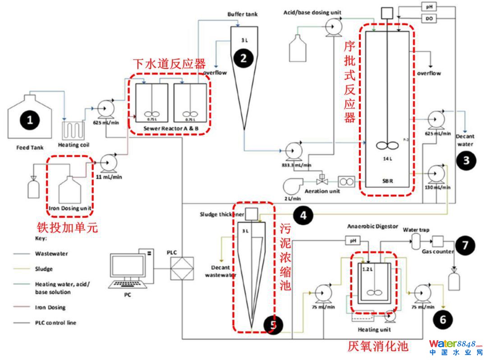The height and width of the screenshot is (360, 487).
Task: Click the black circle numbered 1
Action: pyautogui.click(x=30, y=120)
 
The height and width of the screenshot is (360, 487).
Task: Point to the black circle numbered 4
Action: pyautogui.click(x=303, y=216)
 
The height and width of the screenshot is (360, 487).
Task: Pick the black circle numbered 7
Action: pyautogui.click(x=464, y=246)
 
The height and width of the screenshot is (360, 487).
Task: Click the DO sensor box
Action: pyautogui.click(x=428, y=18)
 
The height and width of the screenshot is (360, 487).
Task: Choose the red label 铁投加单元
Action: pyautogui.click(x=67, y=228)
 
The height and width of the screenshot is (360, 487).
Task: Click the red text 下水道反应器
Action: pyautogui.click(x=169, y=64)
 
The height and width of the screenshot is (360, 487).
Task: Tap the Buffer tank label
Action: pyautogui.click(x=243, y=14)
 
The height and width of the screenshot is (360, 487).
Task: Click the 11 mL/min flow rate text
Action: pyautogui.click(x=110, y=177)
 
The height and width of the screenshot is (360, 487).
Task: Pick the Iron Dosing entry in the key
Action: pyautogui.click(x=50, y=307)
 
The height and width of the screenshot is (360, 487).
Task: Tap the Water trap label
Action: pyautogui.click(x=416, y=229)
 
